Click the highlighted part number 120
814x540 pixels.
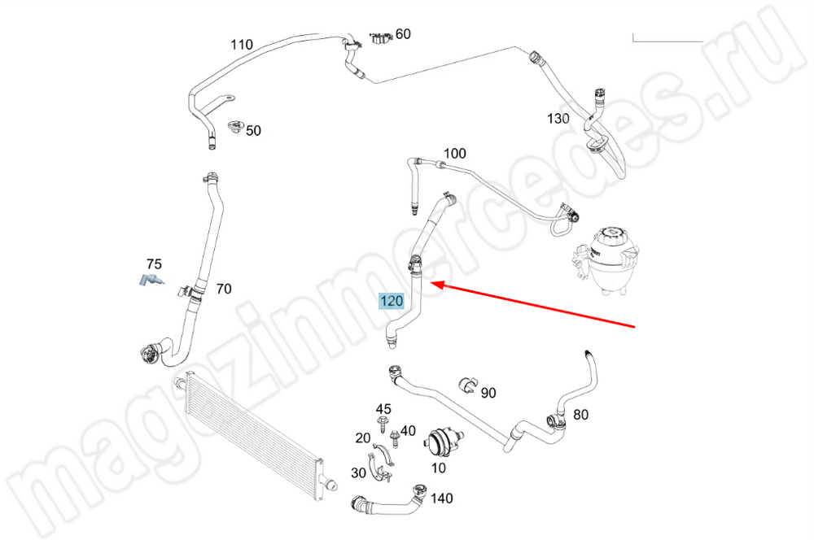pyautogui.click(x=392, y=302)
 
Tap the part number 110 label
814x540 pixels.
pyautogui.click(x=242, y=45)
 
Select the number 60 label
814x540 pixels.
pyautogui.click(x=403, y=34)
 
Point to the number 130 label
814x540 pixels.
pyautogui.click(x=558, y=119)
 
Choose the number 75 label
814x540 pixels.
pyautogui.click(x=154, y=264)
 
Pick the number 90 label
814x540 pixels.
pyautogui.click(x=488, y=394)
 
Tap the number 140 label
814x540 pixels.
pyautogui.click(x=442, y=499)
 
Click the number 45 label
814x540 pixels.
pyautogui.click(x=383, y=408)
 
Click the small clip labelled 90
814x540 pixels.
pyautogui.click(x=467, y=384)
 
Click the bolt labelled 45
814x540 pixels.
pyautogui.click(x=383, y=424)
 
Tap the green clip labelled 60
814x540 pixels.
pyautogui.click(x=378, y=39)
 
